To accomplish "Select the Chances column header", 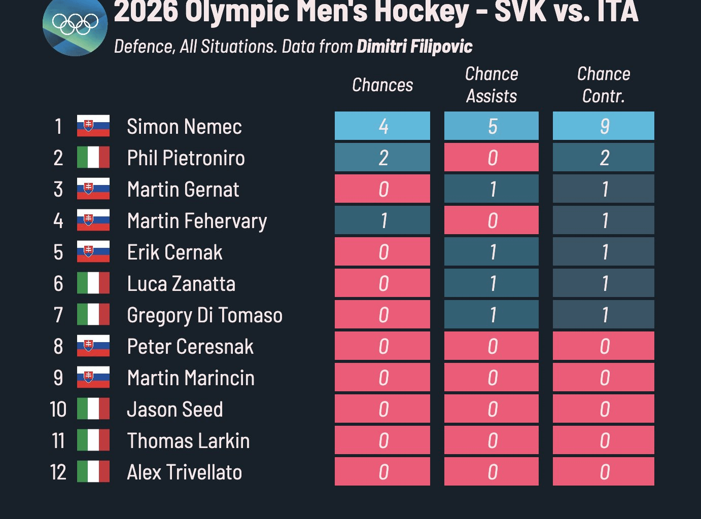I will [x=382, y=85].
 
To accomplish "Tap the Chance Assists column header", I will [x=492, y=85].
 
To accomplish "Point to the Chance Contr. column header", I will [x=604, y=85].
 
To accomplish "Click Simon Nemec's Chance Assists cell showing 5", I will [x=492, y=126].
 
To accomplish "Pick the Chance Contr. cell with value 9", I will [x=604, y=126].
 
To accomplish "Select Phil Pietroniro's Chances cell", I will [x=382, y=158].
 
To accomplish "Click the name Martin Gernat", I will [x=183, y=190].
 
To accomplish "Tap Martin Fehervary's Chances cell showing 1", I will [x=382, y=220].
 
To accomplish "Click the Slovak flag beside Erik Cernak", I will [x=93, y=252].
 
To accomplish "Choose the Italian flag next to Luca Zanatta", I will [x=93, y=283].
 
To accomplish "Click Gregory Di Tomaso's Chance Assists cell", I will [x=492, y=315].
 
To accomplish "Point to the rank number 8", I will [x=58, y=347].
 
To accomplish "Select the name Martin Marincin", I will [x=191, y=378].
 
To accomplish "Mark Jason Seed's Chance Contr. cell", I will [x=604, y=409].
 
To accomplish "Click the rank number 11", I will [x=58, y=441].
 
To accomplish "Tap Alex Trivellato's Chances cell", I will [x=382, y=472].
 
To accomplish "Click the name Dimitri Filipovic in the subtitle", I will [x=414, y=47].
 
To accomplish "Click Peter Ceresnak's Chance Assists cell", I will [x=492, y=346].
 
